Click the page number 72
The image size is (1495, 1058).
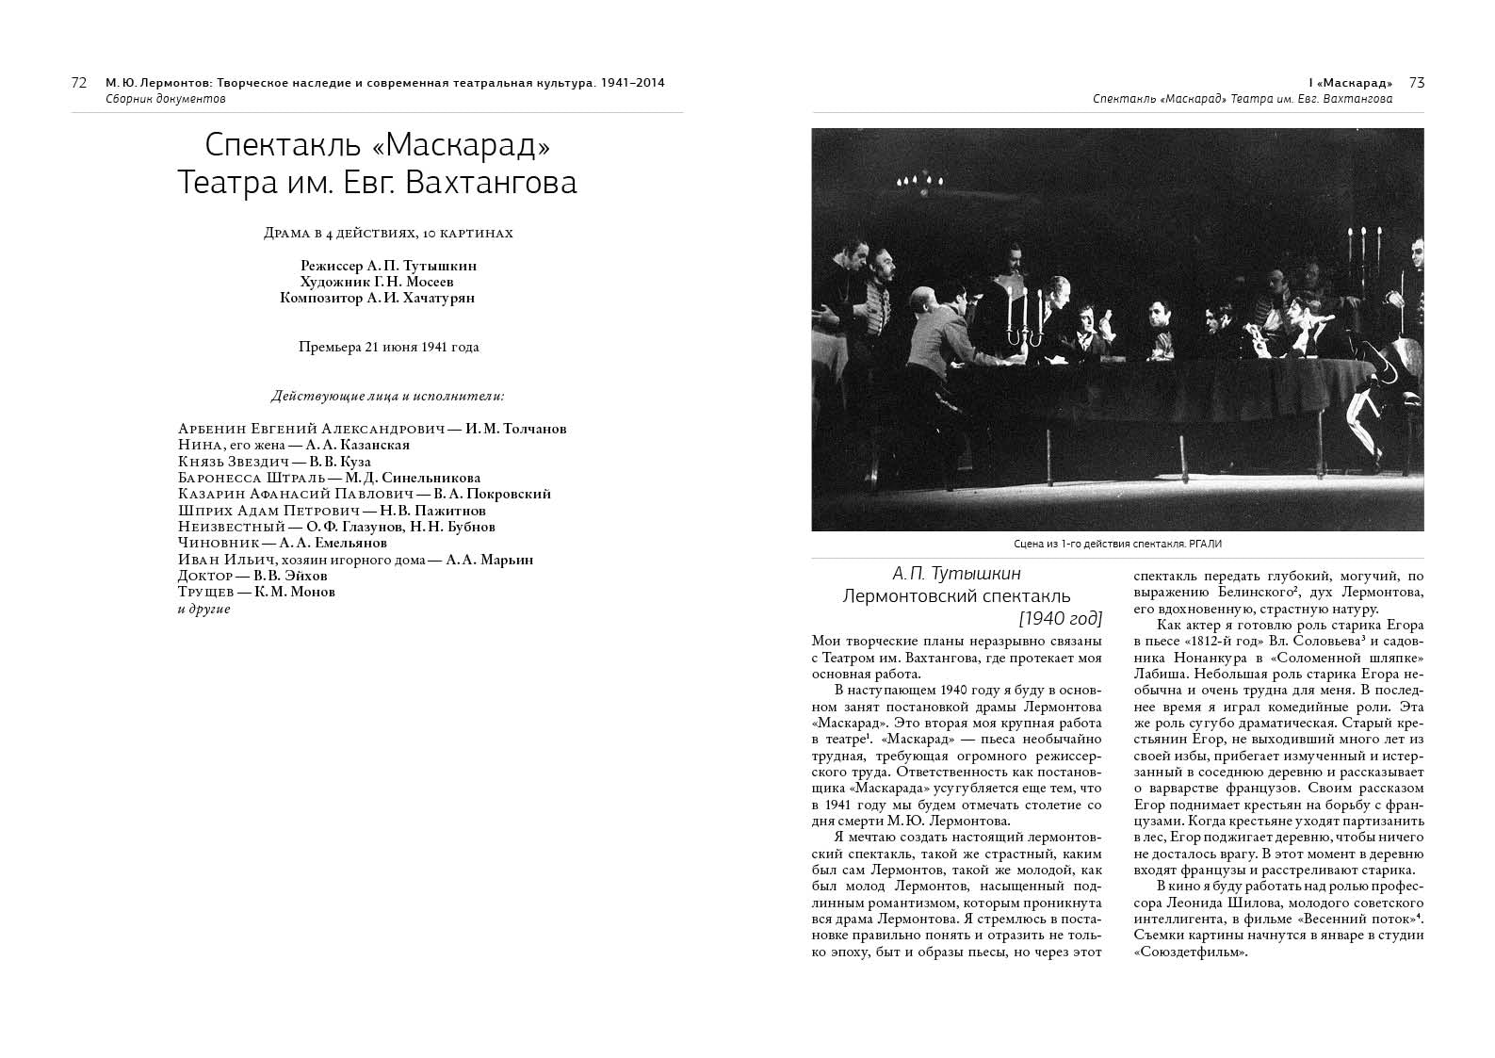79,83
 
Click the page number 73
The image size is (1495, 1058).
1416,83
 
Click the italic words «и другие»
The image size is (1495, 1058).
204,609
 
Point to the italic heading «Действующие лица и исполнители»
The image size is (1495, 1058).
387,396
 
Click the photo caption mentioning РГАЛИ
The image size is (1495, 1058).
1117,545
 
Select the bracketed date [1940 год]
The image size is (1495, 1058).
1060,619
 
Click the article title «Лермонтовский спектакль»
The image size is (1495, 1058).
956,596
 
